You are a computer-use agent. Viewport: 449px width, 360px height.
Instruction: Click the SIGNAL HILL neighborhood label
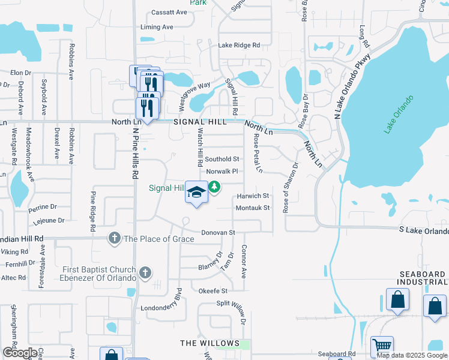(200, 122)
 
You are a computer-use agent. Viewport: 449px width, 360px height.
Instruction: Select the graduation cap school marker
(196, 192)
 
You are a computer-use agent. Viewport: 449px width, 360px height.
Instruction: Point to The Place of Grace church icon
(114, 239)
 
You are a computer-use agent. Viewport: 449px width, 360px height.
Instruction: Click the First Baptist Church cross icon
(144, 274)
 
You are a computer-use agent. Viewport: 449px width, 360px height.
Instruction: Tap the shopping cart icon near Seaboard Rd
(382, 346)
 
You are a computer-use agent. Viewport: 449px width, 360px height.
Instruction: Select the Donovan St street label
(217, 232)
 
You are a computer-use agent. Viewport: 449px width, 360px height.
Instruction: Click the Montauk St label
(253, 208)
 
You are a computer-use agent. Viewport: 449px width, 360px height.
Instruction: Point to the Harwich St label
(252, 196)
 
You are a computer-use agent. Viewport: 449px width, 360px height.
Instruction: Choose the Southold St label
(222, 159)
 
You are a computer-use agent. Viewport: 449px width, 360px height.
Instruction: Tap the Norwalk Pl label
(222, 172)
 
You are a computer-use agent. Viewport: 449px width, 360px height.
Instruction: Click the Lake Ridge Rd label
(239, 45)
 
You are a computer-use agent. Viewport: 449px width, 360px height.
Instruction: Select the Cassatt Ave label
(169, 12)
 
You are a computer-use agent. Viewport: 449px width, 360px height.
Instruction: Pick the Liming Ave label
(157, 27)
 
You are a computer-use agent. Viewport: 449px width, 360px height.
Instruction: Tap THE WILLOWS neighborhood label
(206, 343)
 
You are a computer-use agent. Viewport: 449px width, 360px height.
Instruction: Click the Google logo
(20, 353)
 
